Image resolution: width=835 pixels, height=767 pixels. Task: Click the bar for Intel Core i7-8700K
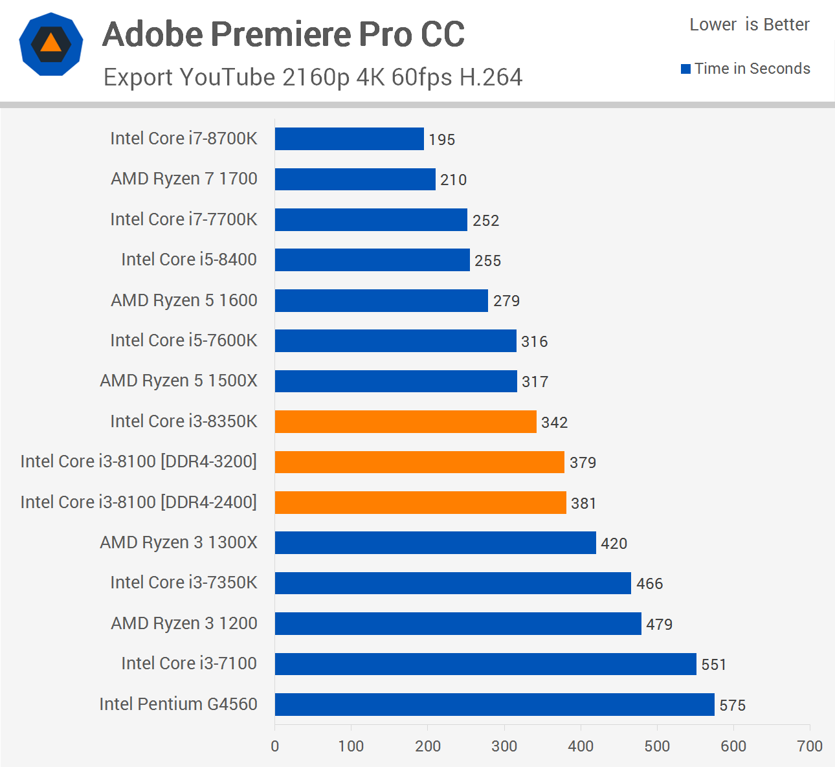pyautogui.click(x=349, y=139)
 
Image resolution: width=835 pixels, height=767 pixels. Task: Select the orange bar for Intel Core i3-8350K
pyautogui.click(x=405, y=421)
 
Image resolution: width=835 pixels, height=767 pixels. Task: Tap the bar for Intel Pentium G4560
pyautogui.click(x=494, y=704)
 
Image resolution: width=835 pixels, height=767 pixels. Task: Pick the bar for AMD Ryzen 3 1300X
pyautogui.click(x=435, y=542)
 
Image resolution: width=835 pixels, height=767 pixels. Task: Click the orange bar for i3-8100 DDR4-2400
pyautogui.click(x=420, y=502)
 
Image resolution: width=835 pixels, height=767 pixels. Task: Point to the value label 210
pyautogui.click(x=453, y=180)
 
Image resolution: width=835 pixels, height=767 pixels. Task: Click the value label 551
pyautogui.click(x=713, y=665)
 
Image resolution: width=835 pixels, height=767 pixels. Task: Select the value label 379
pyautogui.click(x=583, y=463)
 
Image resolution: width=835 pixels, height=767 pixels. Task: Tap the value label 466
pyautogui.click(x=649, y=584)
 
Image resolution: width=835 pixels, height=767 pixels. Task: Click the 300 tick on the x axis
pyautogui.click(x=504, y=746)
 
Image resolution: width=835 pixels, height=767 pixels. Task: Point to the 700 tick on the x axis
pyautogui.click(x=810, y=746)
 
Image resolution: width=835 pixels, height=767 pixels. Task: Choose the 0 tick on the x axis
pyautogui.click(x=275, y=746)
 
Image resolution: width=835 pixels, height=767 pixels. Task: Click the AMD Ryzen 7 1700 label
pyautogui.click(x=184, y=179)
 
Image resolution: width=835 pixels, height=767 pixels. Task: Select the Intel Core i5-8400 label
pyautogui.click(x=189, y=260)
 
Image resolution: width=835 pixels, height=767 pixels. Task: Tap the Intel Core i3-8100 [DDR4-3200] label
pyautogui.click(x=139, y=461)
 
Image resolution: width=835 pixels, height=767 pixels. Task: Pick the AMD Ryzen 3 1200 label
pyautogui.click(x=184, y=623)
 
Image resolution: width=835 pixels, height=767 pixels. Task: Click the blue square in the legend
pyautogui.click(x=685, y=69)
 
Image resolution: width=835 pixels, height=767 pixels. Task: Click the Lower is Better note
pyautogui.click(x=749, y=25)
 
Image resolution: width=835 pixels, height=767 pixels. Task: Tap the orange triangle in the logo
pyautogui.click(x=50, y=43)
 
